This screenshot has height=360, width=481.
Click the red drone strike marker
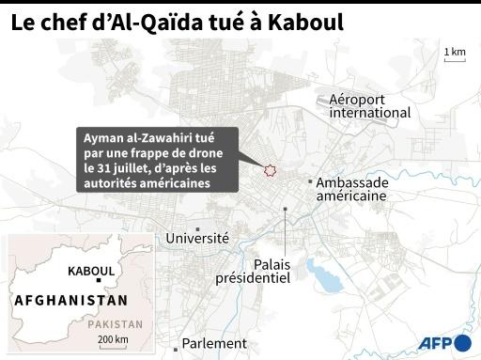[x=271, y=169]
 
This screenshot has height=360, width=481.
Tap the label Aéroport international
[x=369, y=106]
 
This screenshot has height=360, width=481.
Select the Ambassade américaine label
[x=351, y=189]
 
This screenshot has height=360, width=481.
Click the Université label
[x=197, y=239]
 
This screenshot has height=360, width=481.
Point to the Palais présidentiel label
[x=254, y=271]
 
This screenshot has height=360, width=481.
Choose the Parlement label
[x=214, y=344]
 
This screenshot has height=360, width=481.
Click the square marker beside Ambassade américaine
[x=310, y=181]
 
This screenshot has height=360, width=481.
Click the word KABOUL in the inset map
[x=91, y=271]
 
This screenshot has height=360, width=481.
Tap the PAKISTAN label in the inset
[x=116, y=323]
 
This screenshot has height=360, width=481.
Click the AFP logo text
[x=434, y=343]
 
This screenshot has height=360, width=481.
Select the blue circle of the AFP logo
[x=463, y=343]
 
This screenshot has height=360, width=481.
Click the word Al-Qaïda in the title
[x=157, y=21]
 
